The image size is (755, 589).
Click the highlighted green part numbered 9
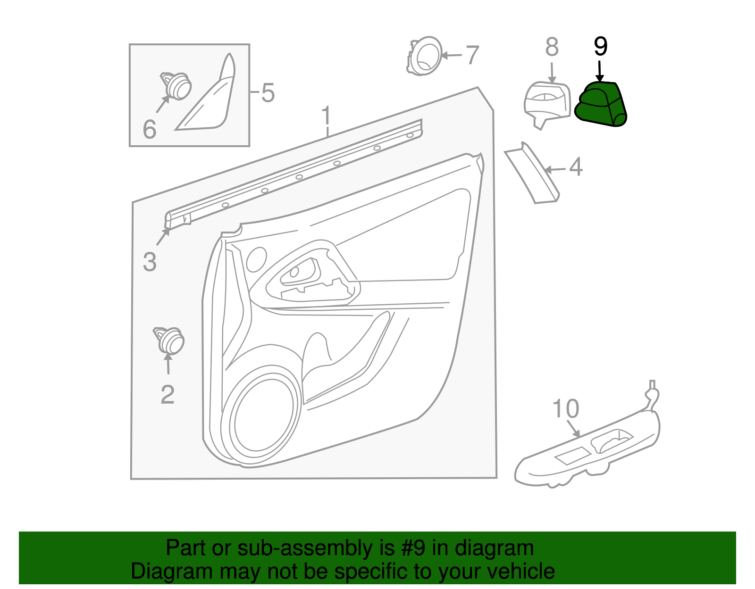[x=600, y=105]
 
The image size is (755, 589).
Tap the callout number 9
[x=600, y=47]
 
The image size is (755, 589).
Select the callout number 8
[x=552, y=48]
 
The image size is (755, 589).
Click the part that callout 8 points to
[x=546, y=104]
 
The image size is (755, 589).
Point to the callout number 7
[x=472, y=55]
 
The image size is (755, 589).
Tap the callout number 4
[x=576, y=167]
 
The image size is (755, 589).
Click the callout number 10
[x=565, y=409]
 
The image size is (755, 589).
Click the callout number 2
[x=168, y=395]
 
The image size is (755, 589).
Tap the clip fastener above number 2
[x=169, y=340]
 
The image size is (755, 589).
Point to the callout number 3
[x=150, y=262]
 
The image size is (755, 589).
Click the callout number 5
[x=268, y=93]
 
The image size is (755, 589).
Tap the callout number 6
[x=150, y=130]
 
